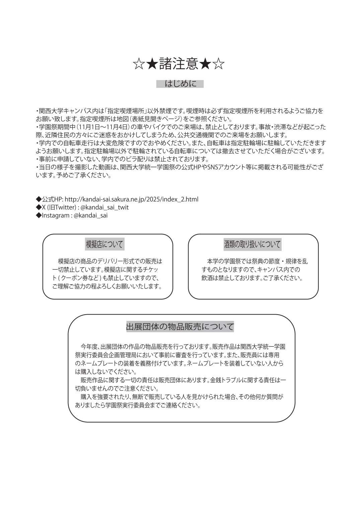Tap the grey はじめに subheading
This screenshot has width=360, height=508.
point(180,84)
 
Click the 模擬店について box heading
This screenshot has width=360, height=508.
point(104,244)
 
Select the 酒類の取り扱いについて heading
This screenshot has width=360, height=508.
point(253,244)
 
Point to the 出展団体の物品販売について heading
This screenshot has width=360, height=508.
point(180,327)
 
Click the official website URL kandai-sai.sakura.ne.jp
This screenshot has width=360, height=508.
point(131,199)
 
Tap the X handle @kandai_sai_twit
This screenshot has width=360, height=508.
point(104,207)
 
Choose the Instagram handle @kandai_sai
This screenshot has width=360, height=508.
point(90,216)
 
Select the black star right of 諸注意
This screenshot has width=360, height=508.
point(205,64)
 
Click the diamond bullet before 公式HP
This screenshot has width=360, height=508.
point(39,199)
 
